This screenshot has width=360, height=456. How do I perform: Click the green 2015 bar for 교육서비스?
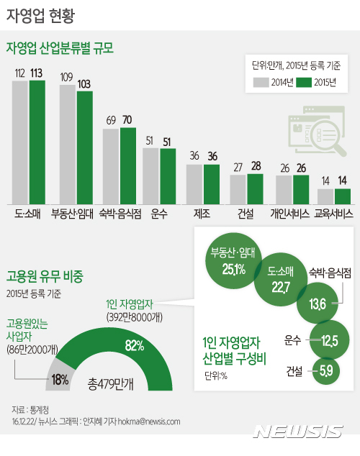[x=343, y=196]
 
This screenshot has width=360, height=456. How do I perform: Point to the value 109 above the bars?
[x=66, y=77]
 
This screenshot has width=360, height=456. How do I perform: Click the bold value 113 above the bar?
[x=37, y=72]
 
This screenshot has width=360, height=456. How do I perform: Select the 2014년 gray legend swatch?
[x=260, y=81]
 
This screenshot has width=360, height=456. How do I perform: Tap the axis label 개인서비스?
[x=290, y=214]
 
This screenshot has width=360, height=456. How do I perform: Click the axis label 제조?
[x=202, y=214]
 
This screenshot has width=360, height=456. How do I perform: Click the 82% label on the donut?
[x=132, y=346]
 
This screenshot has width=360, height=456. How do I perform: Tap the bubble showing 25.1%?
[x=229, y=263]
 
